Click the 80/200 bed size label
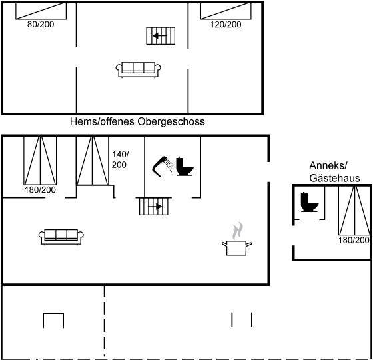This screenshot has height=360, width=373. click(x=41, y=24)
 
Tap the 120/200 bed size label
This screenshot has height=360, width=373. click(x=226, y=24)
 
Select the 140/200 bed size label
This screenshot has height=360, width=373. click(x=120, y=159)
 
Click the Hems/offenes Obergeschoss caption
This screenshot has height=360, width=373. click(x=137, y=121)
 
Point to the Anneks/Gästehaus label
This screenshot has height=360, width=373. click(x=334, y=172)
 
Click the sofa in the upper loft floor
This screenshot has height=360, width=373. click(x=139, y=70)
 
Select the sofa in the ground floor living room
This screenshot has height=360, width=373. click(x=61, y=237)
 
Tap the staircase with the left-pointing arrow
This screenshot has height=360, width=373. click(x=161, y=36)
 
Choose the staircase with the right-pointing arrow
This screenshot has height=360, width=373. click(x=154, y=207)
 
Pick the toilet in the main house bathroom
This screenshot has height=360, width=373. click(x=185, y=167)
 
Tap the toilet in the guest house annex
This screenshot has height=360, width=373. click(x=309, y=202)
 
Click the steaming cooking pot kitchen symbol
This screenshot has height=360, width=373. click(x=236, y=239)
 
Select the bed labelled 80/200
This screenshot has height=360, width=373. click(x=41, y=11)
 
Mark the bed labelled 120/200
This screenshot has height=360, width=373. click(x=226, y=11)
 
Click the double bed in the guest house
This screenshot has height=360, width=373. click(x=354, y=211)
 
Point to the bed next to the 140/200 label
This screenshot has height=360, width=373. click(x=93, y=160)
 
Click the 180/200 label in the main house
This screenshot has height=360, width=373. click(x=40, y=190)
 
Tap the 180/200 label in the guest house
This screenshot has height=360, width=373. click(x=354, y=240)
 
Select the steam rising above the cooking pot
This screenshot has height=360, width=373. click(x=238, y=231)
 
